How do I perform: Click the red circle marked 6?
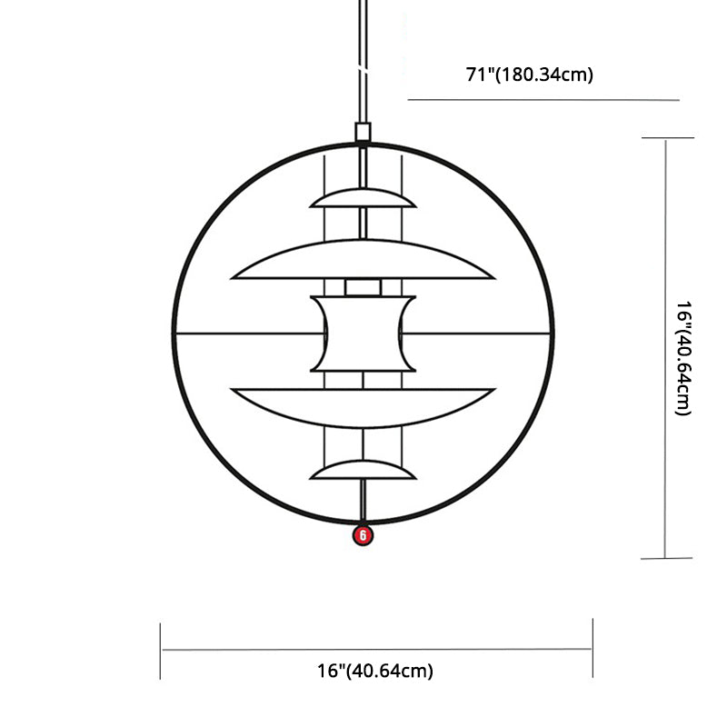(x=363, y=535)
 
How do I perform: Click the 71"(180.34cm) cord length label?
(x=530, y=75)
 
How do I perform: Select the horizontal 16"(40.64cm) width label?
(x=375, y=672)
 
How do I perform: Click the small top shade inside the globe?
(x=363, y=199)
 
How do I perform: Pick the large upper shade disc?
(x=363, y=262)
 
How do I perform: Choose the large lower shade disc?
(x=363, y=405)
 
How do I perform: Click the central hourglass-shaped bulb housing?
(x=363, y=334)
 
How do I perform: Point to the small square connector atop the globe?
(x=363, y=132)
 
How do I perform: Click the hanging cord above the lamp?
(x=363, y=55)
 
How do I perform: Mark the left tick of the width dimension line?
(x=161, y=650)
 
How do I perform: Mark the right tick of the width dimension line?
(x=593, y=648)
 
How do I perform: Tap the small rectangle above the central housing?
(x=363, y=287)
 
